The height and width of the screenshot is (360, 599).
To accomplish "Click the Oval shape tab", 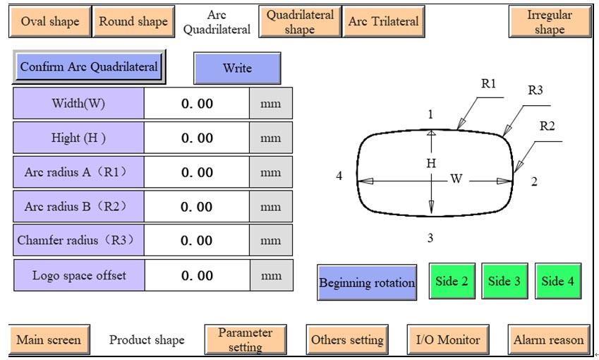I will [49, 21].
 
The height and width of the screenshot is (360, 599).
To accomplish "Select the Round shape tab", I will [133, 21].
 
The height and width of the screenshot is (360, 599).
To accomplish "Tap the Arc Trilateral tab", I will [383, 21].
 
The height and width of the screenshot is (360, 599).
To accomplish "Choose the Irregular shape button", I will [549, 22].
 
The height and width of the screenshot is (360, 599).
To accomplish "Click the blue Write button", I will [237, 68].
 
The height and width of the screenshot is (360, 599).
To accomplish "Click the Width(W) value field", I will [197, 104].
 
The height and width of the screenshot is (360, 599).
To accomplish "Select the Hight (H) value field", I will [197, 138].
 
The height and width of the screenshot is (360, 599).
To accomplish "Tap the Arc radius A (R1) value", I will [197, 172].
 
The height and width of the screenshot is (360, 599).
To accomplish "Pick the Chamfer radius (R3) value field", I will [197, 241].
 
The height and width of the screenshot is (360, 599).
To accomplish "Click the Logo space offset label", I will [79, 275].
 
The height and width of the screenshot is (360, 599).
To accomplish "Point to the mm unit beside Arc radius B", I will [271, 207].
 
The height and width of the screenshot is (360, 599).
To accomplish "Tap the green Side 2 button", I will [452, 281].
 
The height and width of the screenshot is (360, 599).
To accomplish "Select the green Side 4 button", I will [557, 281].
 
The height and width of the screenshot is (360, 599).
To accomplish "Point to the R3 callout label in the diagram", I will [536, 90].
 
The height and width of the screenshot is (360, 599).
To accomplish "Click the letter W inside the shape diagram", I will [456, 179].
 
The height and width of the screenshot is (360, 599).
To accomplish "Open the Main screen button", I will [49, 340].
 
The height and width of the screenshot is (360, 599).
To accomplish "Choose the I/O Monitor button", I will [448, 340].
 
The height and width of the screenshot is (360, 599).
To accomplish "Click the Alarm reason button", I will [548, 340].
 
